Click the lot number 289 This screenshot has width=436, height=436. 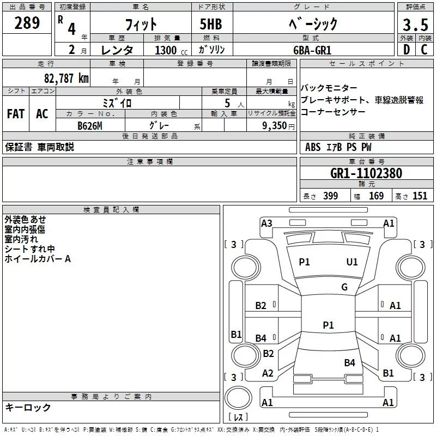click(x=27, y=23)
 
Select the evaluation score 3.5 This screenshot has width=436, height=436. click(x=415, y=25)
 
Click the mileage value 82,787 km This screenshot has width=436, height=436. click(x=66, y=78)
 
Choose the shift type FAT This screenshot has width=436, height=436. click(x=15, y=114)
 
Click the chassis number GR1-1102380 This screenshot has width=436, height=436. click(x=366, y=173)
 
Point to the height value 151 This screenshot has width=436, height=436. click(x=420, y=196)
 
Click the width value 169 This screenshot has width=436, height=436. click(x=376, y=196)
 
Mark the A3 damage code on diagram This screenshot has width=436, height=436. click(x=267, y=223)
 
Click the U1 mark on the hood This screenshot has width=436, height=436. click(x=352, y=262)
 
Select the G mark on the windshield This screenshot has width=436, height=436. click(x=344, y=287)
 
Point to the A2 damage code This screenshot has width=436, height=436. click(x=268, y=373)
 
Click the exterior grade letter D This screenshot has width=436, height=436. click(x=406, y=50)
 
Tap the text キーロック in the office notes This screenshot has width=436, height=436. click(x=28, y=408)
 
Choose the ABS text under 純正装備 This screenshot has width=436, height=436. click(x=313, y=147)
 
